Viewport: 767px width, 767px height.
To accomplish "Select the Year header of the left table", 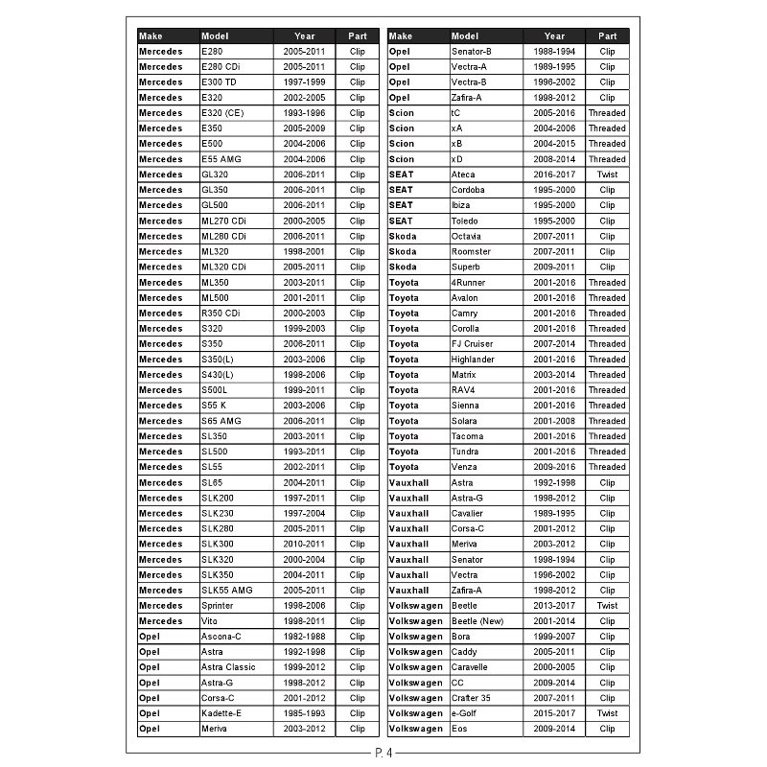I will point(305,36).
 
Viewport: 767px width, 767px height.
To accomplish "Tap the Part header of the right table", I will point(607,36).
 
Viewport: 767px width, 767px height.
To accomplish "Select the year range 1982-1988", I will point(305,637).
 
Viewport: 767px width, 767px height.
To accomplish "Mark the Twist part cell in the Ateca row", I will point(607,174).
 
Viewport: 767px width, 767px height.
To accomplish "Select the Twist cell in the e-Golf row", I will point(607,713).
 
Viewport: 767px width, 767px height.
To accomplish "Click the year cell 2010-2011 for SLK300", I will point(305,545).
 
